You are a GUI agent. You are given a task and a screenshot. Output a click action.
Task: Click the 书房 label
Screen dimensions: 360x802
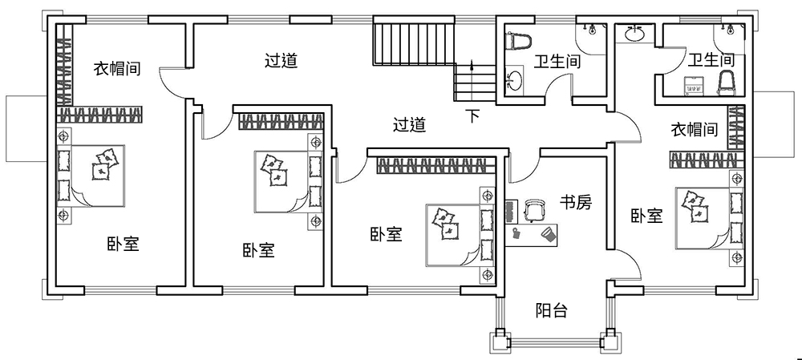pos(575,203)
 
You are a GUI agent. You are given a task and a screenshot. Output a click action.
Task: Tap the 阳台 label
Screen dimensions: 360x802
pos(551,310)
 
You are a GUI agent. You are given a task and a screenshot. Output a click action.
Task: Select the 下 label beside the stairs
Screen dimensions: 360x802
pos(474,116)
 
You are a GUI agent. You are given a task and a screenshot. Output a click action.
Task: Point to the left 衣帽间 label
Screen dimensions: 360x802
pos(117,68)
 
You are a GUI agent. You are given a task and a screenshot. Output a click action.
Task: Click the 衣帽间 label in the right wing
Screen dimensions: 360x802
pos(694,129)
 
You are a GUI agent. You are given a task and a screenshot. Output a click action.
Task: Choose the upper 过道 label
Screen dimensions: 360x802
pos(281,60)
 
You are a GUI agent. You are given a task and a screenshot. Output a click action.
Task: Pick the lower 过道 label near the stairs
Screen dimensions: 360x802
pos(409,124)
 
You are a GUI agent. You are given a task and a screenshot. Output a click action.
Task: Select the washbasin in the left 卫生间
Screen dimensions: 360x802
pos(512,80)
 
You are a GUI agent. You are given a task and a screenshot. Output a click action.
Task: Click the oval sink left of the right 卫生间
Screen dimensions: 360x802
pos(636,34)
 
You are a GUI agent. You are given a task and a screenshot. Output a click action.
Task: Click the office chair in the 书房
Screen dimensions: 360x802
pos(533,209)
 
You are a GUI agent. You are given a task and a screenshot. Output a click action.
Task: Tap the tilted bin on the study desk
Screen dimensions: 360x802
pos(549,234)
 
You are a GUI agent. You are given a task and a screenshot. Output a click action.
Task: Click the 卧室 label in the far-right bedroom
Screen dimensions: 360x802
pos(646,216)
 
